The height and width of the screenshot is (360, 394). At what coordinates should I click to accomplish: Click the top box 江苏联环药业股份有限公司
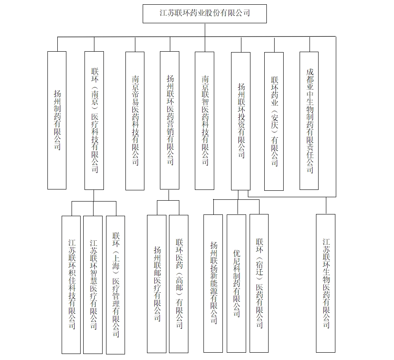click(x=204, y=13)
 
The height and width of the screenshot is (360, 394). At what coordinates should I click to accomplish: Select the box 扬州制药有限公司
click(x=57, y=120)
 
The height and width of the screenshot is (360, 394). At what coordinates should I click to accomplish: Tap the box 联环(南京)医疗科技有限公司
click(x=94, y=121)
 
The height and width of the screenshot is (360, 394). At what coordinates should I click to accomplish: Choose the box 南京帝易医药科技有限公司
click(x=135, y=121)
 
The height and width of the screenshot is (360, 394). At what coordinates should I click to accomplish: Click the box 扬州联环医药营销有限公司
click(x=169, y=120)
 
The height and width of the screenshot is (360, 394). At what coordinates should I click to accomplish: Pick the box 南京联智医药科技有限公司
click(x=204, y=121)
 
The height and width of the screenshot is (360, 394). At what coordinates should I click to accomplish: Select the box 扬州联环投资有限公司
click(x=241, y=121)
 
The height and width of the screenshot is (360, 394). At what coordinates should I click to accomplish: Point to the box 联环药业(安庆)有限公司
click(x=274, y=121)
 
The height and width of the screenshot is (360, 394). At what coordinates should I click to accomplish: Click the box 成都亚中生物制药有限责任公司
click(x=309, y=121)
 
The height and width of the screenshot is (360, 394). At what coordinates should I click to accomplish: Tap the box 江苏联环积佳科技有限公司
click(x=71, y=285)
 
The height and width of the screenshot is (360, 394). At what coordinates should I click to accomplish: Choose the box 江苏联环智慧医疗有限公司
click(x=93, y=285)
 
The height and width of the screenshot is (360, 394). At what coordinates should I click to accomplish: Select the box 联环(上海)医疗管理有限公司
click(x=116, y=285)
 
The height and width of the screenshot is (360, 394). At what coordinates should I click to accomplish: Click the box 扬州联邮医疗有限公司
click(x=156, y=284)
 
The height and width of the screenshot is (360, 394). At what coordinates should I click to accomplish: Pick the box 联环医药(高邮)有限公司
click(x=178, y=284)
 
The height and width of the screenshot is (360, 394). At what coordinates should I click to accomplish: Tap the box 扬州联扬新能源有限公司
click(x=213, y=283)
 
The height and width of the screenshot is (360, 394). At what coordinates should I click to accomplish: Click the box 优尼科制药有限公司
click(x=237, y=283)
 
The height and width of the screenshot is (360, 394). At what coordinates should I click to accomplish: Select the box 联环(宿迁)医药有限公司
click(x=259, y=283)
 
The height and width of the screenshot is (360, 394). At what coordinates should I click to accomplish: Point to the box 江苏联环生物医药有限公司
click(x=325, y=283)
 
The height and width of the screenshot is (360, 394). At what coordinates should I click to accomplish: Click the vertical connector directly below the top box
click(x=205, y=30)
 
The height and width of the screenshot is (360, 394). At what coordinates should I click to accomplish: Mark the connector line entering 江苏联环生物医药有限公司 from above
click(x=326, y=205)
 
